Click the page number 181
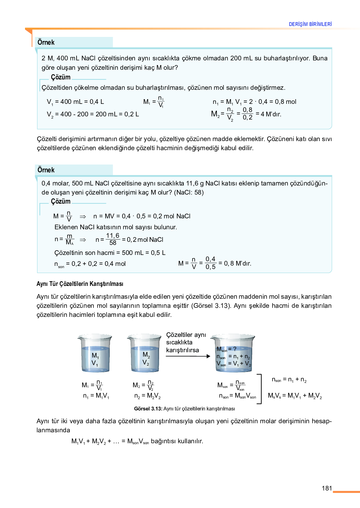click(x=327, y=488)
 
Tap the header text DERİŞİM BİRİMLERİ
click(x=310, y=24)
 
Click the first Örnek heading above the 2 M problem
click(x=46, y=42)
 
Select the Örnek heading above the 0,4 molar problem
click(x=46, y=170)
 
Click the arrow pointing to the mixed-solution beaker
click(x=188, y=356)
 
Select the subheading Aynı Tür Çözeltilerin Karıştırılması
click(x=80, y=284)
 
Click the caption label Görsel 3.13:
click(x=148, y=409)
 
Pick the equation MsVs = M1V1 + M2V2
click(x=295, y=396)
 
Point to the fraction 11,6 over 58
click(x=112, y=239)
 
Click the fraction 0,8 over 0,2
click(x=247, y=114)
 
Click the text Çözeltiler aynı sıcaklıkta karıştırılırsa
click(x=186, y=342)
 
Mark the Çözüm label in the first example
click(x=61, y=77)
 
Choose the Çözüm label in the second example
click(x=61, y=201)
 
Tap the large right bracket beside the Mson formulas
click(x=259, y=389)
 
